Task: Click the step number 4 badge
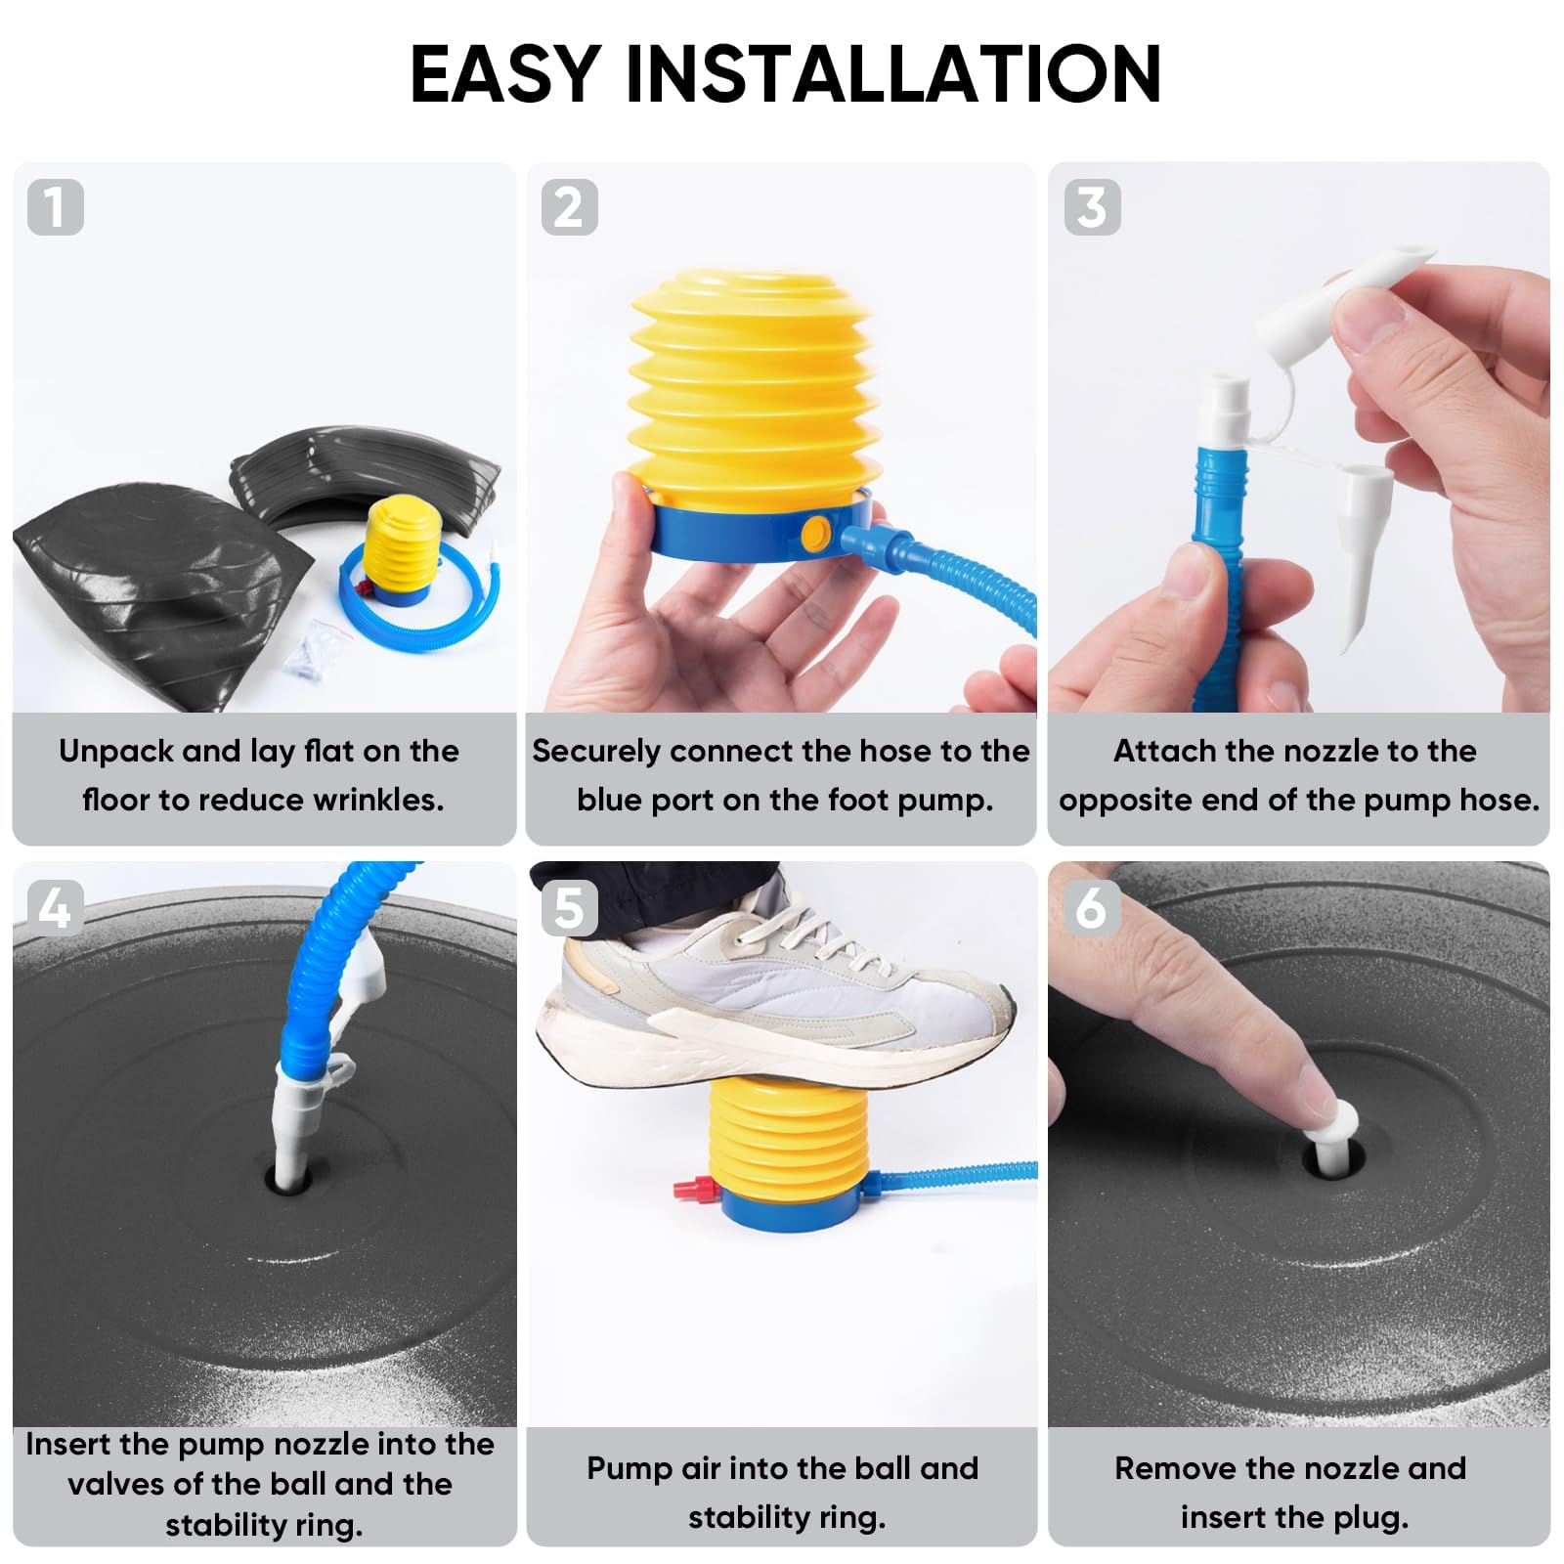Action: pos(56,908)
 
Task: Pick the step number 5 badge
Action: pos(569,908)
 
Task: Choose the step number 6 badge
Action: pos(1092,908)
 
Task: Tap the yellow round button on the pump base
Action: pos(814,534)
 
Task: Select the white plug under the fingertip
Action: pos(1334,1137)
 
